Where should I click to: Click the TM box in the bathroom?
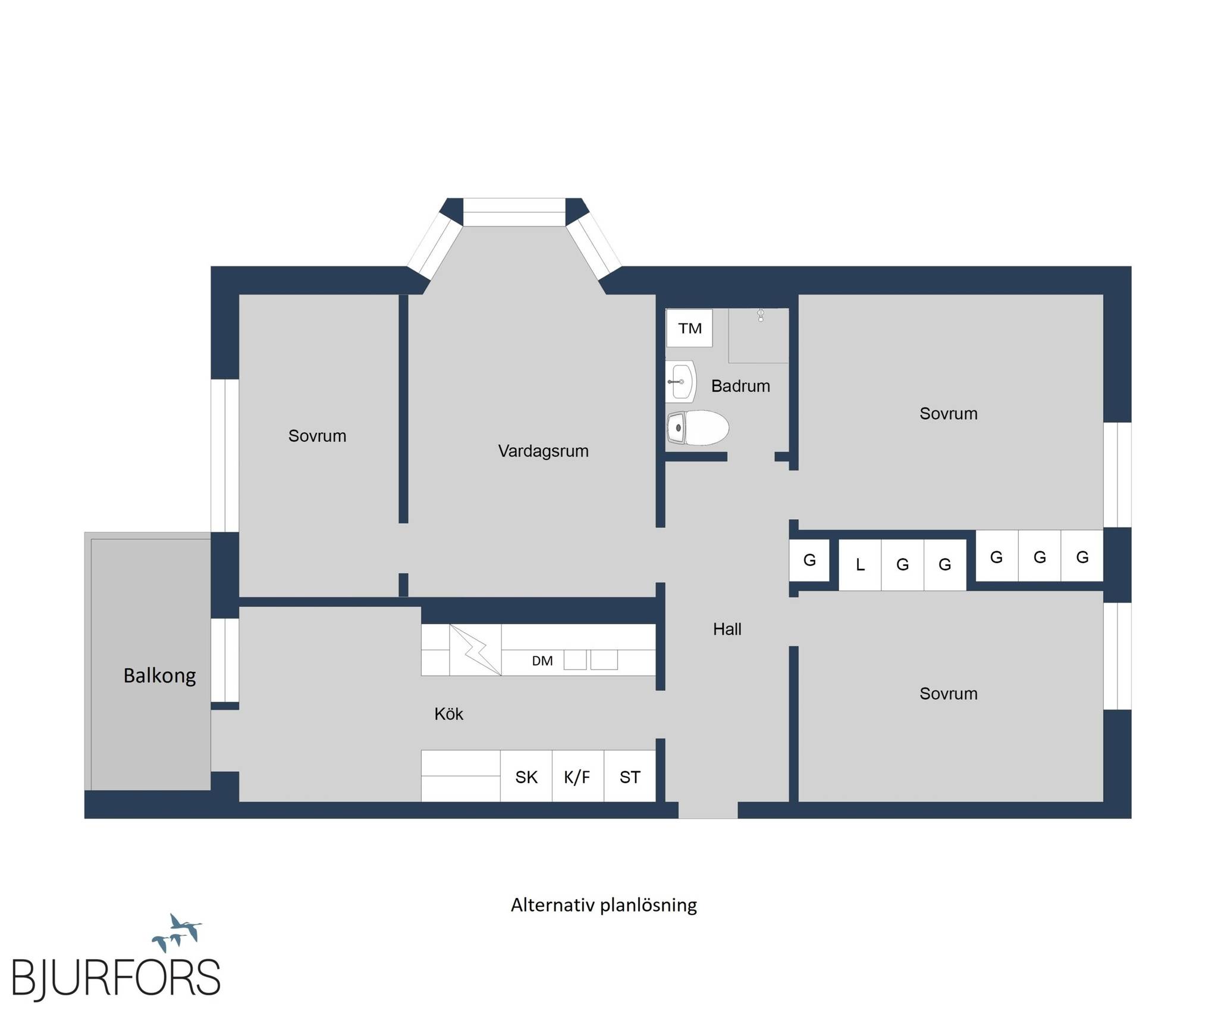coord(689,328)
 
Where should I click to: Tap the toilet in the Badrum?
coord(698,428)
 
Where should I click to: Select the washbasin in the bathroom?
coord(680,381)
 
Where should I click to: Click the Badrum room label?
coord(740,386)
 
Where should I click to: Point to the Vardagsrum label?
coord(543,451)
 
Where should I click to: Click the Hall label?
coord(727,629)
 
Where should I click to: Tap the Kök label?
coord(448,714)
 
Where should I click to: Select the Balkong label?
coord(159,675)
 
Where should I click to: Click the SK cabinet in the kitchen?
coord(526,777)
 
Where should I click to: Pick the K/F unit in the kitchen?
coord(577,777)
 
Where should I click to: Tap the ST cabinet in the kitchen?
coord(630,777)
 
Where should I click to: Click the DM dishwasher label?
coord(542,661)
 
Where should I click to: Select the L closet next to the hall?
coord(860,565)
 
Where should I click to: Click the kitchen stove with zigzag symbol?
coord(475,650)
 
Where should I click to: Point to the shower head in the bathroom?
coord(761,315)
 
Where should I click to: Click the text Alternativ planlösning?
coord(604,905)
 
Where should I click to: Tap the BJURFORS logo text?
coord(116,978)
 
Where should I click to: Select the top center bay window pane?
coord(514,212)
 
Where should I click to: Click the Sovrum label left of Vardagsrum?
coord(317,436)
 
